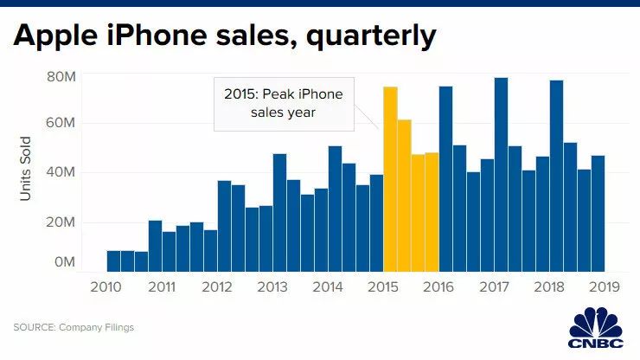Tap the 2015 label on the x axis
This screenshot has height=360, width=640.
click(x=383, y=288)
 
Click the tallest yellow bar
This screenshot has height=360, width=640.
click(x=390, y=178)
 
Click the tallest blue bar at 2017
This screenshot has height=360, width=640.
click(x=501, y=174)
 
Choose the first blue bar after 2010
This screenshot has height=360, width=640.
click(x=114, y=260)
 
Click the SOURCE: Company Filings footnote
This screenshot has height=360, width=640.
click(x=74, y=327)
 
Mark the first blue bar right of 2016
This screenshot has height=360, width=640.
click(x=445, y=178)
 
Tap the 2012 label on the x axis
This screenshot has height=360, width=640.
click(x=217, y=288)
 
